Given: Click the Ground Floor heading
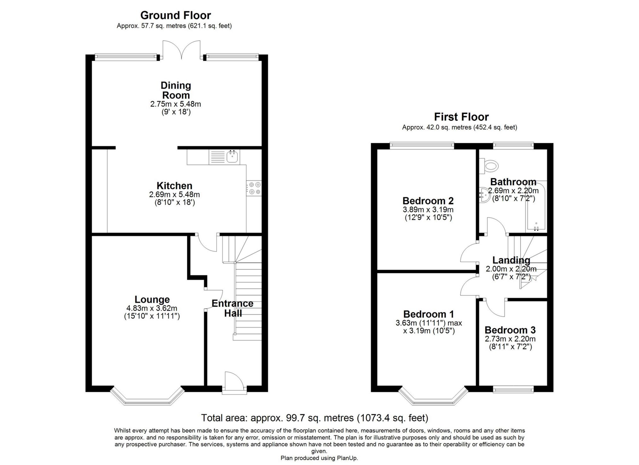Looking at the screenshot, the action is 175,15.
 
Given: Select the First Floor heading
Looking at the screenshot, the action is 461,117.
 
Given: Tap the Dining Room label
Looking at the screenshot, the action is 176,90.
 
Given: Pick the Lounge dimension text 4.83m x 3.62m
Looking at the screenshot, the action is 152,308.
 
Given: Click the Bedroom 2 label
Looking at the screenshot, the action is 428,201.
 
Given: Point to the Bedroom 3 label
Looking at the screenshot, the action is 510,330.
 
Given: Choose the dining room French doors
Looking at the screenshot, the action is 181,50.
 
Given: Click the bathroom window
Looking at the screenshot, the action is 513,146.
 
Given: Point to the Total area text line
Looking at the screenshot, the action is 315,418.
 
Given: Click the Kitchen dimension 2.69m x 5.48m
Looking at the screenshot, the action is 175,195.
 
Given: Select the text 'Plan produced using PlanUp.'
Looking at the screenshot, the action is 319,458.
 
